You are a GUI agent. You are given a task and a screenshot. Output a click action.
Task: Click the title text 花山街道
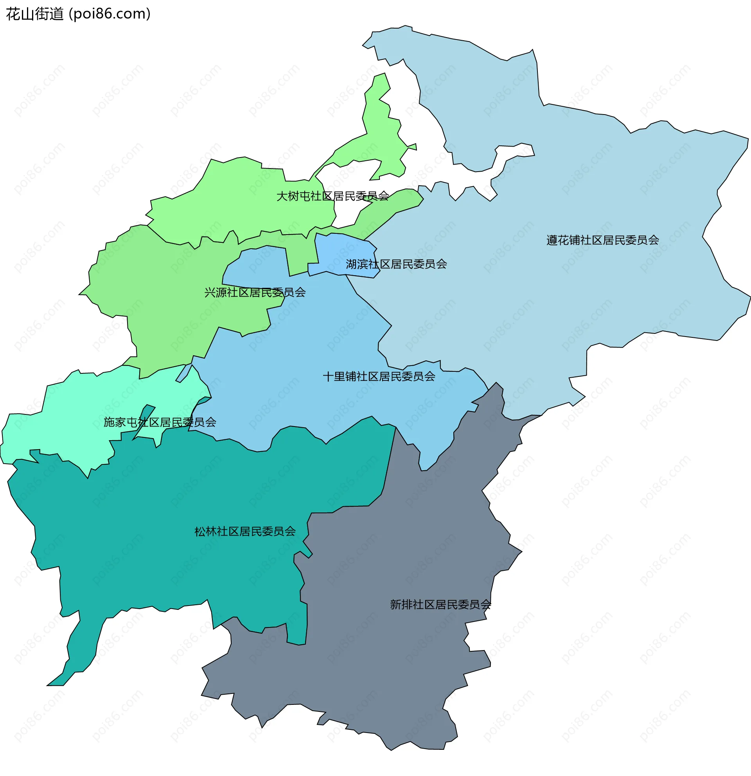click(35, 14)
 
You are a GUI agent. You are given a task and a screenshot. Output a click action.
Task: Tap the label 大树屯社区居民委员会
click(333, 196)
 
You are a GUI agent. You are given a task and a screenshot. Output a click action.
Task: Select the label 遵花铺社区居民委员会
click(602, 240)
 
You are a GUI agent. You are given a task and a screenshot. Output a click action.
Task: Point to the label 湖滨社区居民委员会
click(396, 264)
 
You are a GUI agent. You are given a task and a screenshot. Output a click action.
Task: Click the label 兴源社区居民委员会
click(255, 292)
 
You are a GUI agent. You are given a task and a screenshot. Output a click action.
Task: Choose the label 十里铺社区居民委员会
click(379, 376)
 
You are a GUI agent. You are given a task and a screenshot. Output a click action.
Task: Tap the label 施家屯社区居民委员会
click(160, 423)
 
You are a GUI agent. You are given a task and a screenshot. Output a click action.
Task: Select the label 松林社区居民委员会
click(245, 531)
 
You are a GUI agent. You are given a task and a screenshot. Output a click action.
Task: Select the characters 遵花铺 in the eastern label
click(563, 240)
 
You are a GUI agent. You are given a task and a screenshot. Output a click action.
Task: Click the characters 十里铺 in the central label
click(340, 376)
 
